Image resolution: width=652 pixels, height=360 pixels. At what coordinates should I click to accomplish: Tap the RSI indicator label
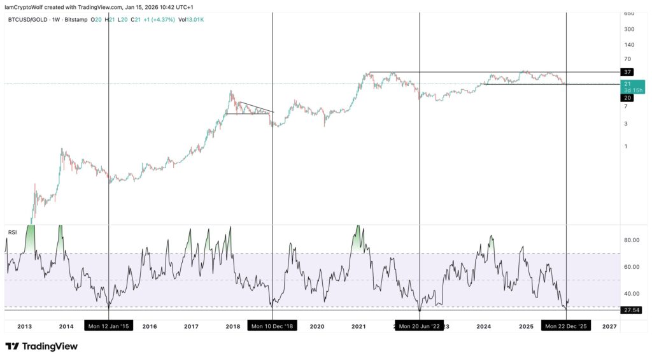(11, 232)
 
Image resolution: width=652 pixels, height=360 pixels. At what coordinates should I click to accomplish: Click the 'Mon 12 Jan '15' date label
(108, 326)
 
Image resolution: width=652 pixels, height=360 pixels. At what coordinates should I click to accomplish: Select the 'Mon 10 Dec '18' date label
(272, 326)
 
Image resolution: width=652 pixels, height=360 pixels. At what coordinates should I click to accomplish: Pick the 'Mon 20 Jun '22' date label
(420, 326)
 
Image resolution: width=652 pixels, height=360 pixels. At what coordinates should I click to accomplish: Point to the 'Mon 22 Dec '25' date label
(566, 326)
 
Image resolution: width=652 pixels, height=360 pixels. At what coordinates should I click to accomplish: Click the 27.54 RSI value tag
(632, 310)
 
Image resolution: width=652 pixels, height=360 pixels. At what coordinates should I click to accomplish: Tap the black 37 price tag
(628, 72)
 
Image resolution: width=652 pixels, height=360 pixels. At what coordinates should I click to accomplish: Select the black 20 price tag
(628, 97)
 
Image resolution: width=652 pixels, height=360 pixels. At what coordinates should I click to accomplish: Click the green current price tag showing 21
(633, 87)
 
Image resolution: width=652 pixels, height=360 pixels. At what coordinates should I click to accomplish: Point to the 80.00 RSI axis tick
(632, 240)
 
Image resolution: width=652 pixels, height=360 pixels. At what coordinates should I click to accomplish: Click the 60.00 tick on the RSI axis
(632, 267)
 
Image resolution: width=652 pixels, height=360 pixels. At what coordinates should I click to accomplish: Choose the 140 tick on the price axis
(629, 45)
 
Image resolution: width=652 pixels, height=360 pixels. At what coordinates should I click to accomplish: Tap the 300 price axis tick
(629, 29)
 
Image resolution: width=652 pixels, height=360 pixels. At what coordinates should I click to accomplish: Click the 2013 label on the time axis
(24, 326)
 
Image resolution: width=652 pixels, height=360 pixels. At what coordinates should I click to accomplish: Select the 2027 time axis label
(609, 326)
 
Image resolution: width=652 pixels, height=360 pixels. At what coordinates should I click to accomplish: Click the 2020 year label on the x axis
(316, 326)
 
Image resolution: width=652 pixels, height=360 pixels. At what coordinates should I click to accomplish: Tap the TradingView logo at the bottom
(41, 347)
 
